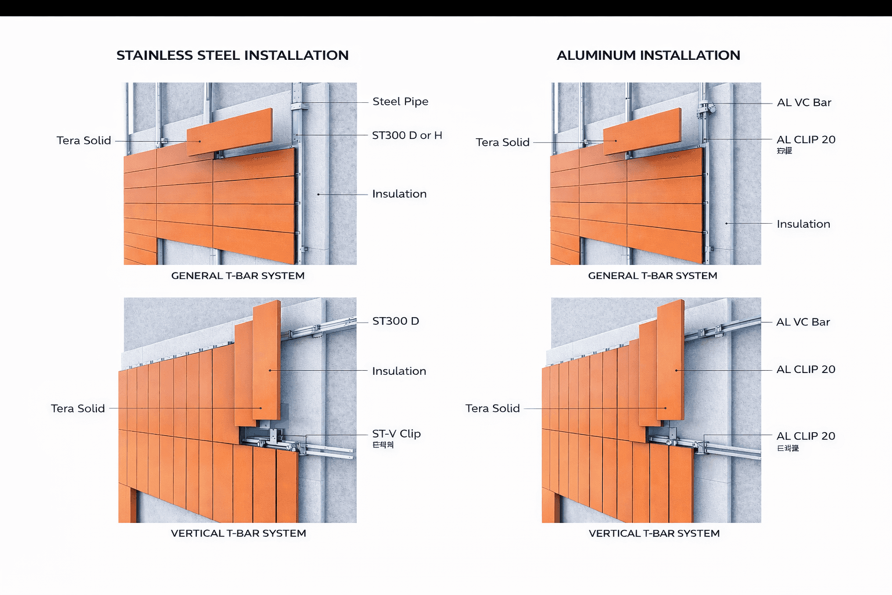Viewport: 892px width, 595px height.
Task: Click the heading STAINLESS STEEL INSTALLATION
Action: [232, 55]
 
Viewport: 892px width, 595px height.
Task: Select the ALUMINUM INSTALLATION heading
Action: [648, 55]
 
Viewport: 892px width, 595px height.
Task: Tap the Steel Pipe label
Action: [400, 102]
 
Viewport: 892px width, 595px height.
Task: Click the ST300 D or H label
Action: [407, 135]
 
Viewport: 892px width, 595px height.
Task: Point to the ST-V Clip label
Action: [396, 433]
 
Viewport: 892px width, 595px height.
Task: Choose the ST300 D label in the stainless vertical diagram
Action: [395, 321]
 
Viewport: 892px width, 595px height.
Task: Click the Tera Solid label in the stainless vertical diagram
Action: [78, 408]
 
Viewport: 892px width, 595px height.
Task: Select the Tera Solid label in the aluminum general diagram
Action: [502, 142]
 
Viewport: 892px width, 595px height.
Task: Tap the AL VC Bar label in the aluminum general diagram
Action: [804, 103]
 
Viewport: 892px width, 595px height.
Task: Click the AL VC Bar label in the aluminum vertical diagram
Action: [803, 322]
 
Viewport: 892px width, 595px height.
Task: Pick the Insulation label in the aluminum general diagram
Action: [803, 224]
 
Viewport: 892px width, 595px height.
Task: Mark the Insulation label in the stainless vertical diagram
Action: [399, 371]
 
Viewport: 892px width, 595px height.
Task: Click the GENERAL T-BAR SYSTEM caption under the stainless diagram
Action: [238, 276]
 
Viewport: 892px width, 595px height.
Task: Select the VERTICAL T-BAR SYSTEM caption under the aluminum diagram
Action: [654, 533]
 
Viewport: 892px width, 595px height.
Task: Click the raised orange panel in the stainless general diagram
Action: [229, 132]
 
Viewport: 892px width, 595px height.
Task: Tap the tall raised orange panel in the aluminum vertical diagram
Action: [670, 360]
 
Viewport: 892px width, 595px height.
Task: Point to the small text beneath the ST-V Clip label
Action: [383, 445]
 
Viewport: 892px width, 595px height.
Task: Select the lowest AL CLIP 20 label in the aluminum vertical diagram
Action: [805, 436]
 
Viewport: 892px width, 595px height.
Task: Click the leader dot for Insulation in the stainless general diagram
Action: [318, 194]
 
